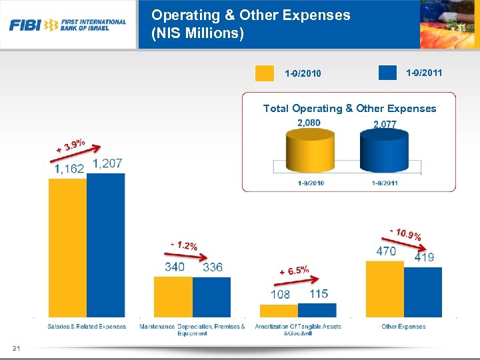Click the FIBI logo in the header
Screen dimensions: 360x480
click(x=67, y=25)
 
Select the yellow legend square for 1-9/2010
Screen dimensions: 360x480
click(x=265, y=73)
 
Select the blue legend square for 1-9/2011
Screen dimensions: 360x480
click(x=387, y=72)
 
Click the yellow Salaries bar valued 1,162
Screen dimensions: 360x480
click(x=67, y=247)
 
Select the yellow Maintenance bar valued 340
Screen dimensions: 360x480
click(x=173, y=296)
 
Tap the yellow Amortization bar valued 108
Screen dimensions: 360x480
click(x=279, y=311)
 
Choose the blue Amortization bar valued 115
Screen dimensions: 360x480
click(x=317, y=309)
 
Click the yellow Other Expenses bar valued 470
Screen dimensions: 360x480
click(x=385, y=288)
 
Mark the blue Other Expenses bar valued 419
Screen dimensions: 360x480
click(x=423, y=291)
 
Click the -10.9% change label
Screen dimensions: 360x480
click(x=405, y=233)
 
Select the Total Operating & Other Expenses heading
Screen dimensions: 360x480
click(x=349, y=108)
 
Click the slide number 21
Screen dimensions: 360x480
click(x=16, y=347)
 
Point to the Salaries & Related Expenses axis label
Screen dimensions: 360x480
click(x=87, y=327)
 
